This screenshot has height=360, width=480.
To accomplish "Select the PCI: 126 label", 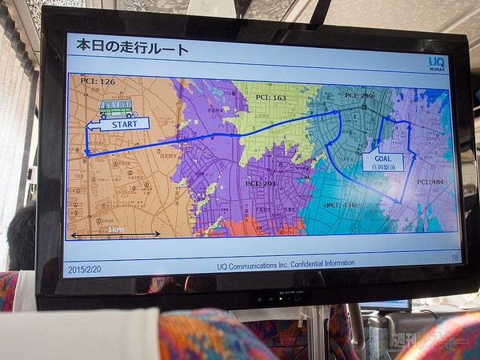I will click(98, 81).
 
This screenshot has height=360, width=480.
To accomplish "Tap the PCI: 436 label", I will click(341, 205).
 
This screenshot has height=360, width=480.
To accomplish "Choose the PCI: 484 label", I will click(430, 182).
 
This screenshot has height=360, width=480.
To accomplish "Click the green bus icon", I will click(118, 107).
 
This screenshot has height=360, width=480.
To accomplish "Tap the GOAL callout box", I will click(382, 162).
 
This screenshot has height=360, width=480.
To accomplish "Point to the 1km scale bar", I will click(114, 233).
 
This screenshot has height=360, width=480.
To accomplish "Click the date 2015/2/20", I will click(86, 268).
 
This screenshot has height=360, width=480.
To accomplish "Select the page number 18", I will click(454, 258).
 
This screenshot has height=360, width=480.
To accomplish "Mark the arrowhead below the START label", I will click(86, 152).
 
